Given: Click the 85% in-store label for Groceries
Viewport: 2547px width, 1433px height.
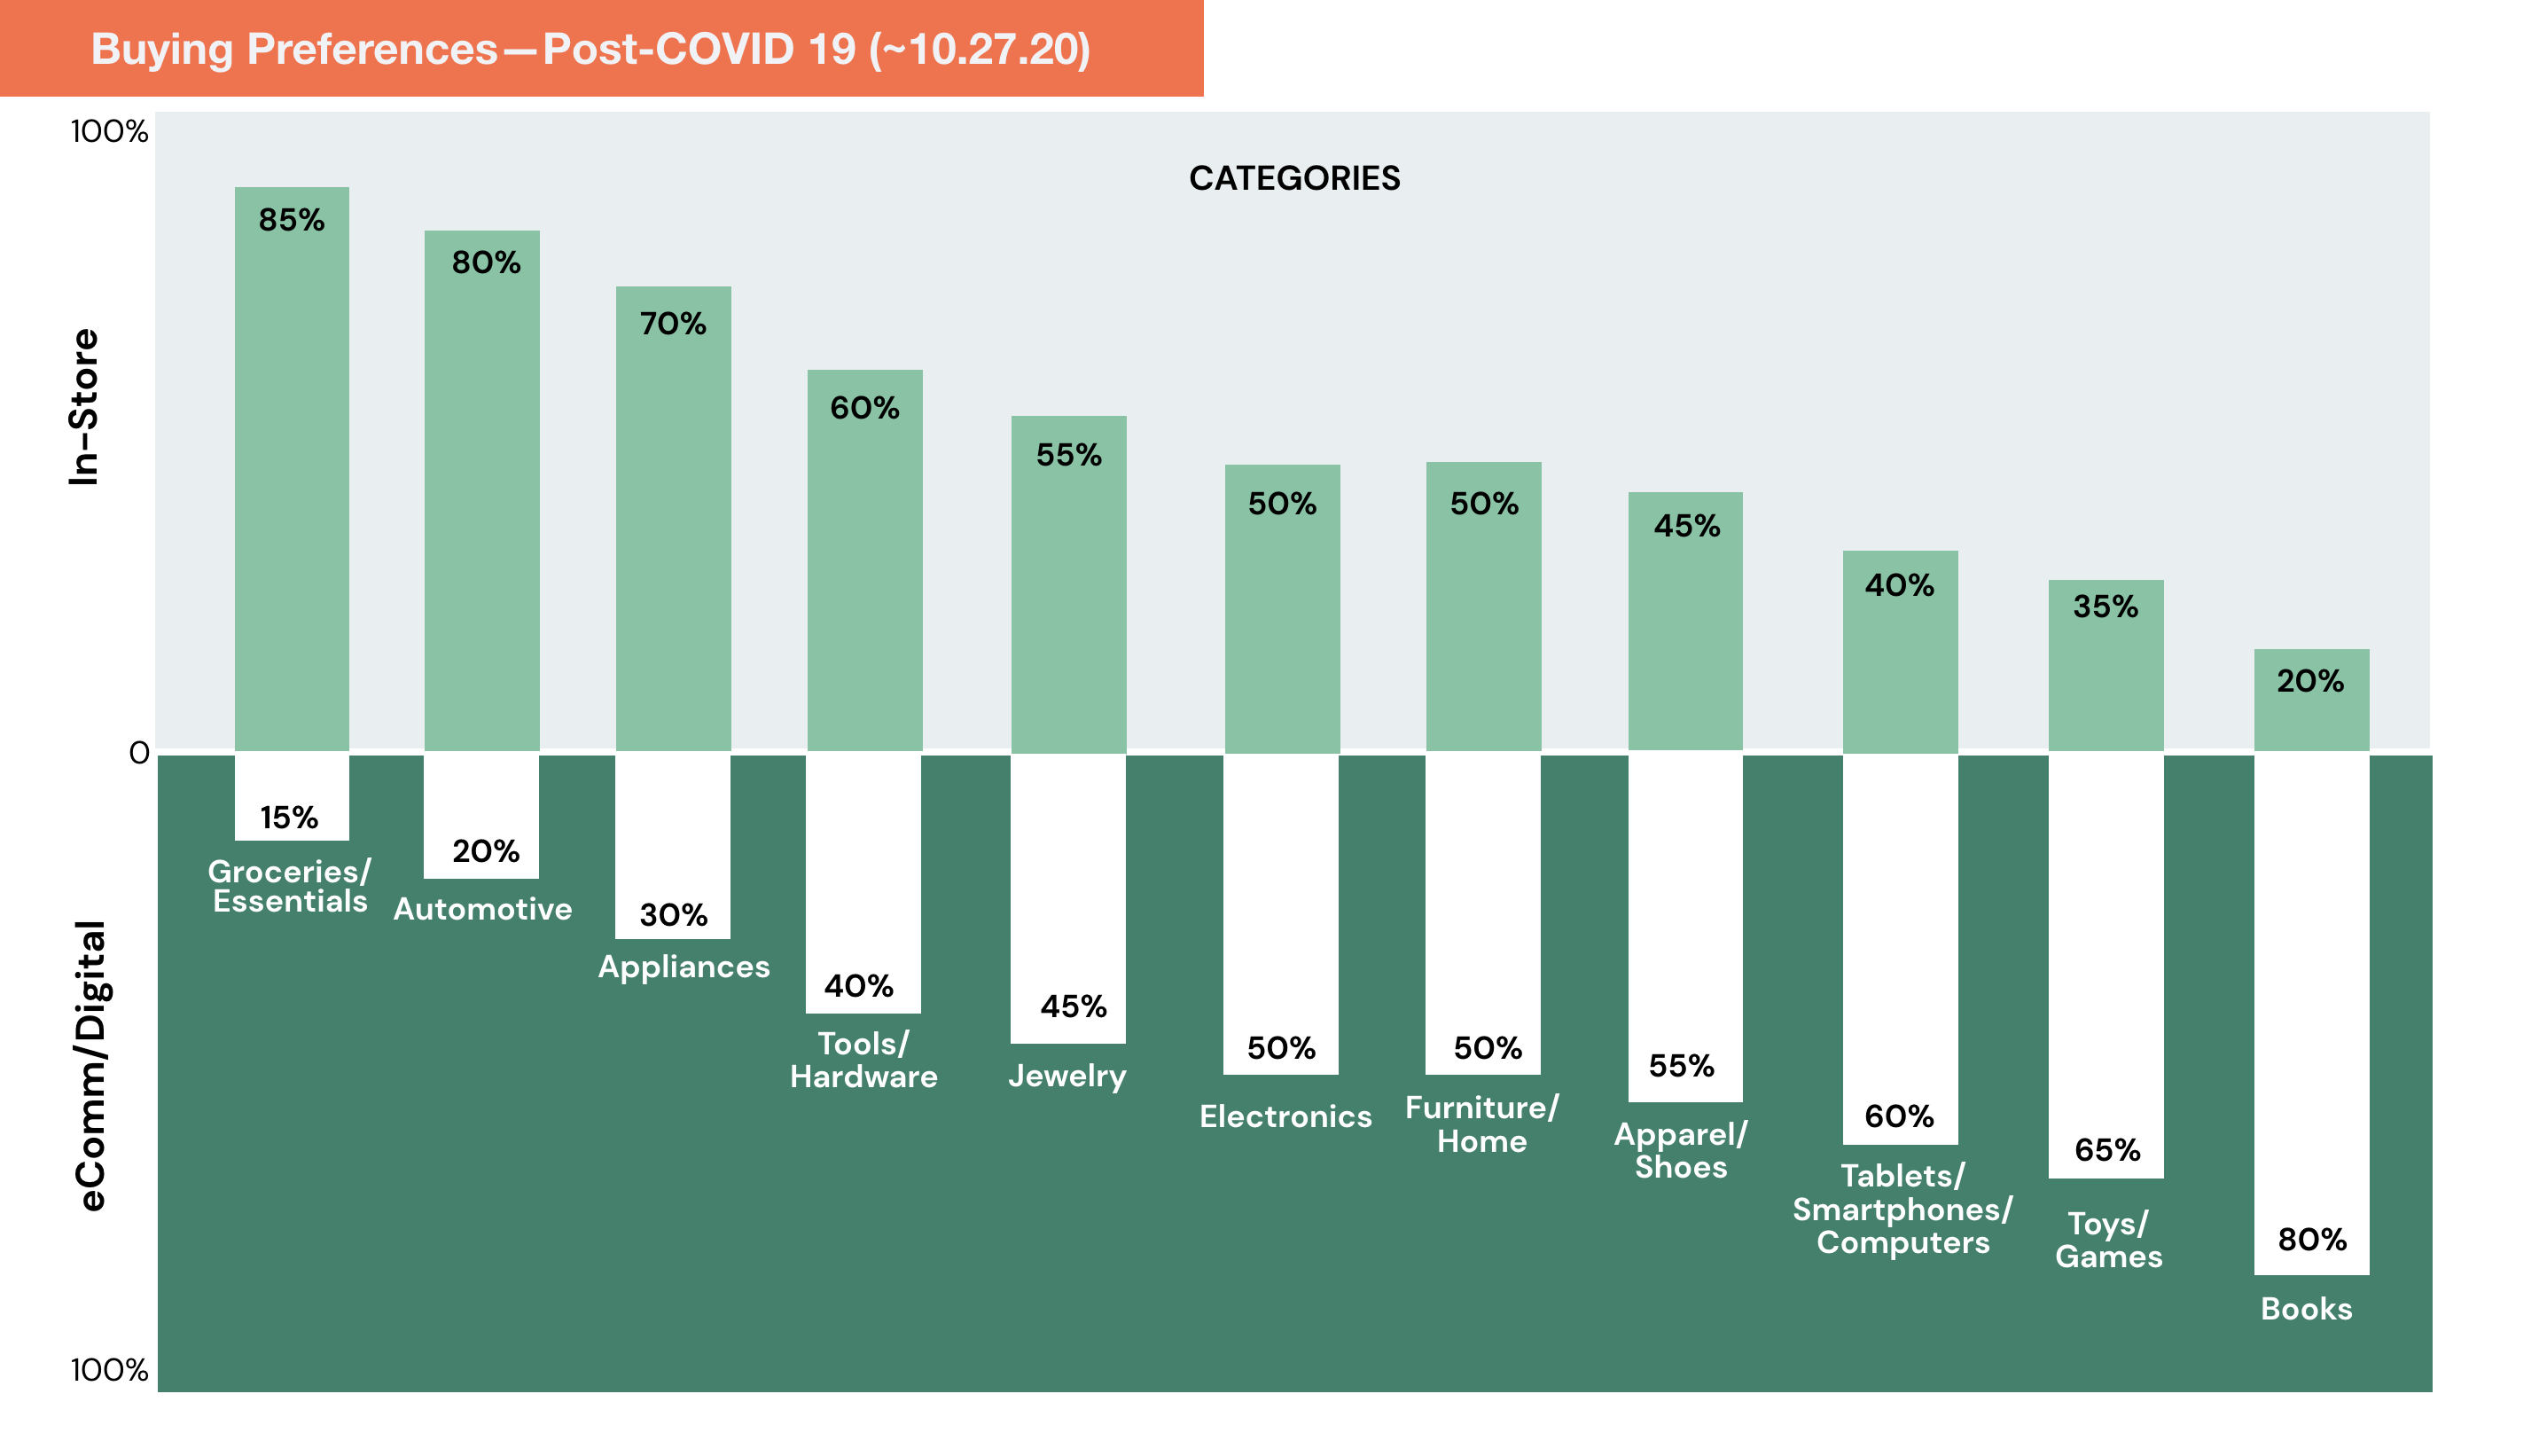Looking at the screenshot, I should (292, 220).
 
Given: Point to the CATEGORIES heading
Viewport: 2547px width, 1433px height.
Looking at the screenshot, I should (1293, 178).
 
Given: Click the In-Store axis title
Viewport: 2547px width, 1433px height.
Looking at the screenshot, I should (85, 407).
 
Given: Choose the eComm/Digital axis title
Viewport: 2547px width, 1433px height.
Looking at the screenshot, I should (91, 1065).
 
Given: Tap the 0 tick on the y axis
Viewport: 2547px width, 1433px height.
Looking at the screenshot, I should (139, 754).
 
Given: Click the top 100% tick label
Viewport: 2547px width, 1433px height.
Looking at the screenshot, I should (109, 131).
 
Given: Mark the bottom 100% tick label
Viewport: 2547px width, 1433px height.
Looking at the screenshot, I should (109, 1370).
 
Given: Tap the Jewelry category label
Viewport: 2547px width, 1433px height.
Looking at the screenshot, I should (1066, 1075).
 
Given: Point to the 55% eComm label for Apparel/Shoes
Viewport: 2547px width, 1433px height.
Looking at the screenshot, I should (1681, 1065).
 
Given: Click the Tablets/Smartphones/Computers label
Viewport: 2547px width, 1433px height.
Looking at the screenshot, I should (1902, 1209).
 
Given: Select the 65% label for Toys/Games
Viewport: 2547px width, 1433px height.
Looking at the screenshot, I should (2107, 1149).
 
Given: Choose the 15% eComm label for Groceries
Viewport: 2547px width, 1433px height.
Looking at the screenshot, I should (289, 817).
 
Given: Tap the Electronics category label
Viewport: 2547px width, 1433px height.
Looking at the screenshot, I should (1285, 1116).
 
